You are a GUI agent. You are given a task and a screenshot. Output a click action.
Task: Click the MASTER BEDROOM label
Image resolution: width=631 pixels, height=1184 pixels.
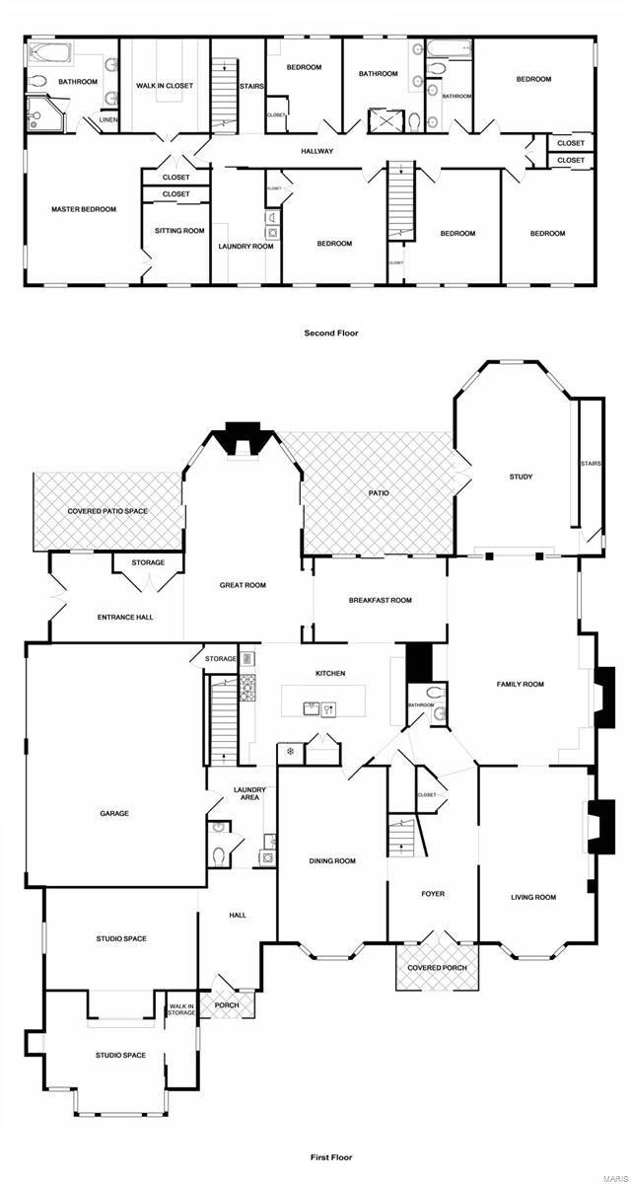84,209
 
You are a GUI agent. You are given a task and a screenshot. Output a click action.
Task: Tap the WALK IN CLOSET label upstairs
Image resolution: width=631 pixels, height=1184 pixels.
165,86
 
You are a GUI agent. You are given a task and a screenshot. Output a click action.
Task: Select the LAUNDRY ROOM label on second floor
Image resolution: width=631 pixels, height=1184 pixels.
245,246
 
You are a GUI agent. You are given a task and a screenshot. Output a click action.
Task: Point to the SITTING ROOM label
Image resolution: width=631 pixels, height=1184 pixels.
179,231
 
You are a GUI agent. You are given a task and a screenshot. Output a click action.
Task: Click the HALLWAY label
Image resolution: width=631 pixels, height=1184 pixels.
316,151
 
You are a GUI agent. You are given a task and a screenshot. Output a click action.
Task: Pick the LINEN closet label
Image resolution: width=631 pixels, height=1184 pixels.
108,120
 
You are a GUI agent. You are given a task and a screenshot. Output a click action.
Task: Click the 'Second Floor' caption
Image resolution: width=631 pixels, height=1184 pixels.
331,333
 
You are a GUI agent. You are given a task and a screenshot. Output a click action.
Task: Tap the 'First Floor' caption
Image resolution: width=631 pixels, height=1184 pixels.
328,1157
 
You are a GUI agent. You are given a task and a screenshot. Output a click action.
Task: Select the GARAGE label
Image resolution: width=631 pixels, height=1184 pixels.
114,814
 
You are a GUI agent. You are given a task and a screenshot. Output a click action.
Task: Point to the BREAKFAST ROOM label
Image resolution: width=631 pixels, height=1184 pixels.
380,600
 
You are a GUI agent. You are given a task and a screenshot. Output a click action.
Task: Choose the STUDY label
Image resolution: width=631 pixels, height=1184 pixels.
521,477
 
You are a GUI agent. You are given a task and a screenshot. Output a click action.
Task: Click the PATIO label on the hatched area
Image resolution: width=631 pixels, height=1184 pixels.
379,492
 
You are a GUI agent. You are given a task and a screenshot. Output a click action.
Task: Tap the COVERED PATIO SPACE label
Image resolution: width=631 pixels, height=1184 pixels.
107,511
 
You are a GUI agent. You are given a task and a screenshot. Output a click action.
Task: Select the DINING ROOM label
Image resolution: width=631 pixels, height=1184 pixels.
332,861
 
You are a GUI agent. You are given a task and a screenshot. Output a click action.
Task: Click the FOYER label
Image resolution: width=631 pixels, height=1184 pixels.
433,894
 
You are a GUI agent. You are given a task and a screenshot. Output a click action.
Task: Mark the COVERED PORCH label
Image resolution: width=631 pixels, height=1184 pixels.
437,969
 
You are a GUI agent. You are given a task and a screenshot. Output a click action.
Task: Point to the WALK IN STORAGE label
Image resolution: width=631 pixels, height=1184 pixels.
181,1007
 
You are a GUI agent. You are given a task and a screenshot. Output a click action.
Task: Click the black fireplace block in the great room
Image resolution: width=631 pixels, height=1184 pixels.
241,433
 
